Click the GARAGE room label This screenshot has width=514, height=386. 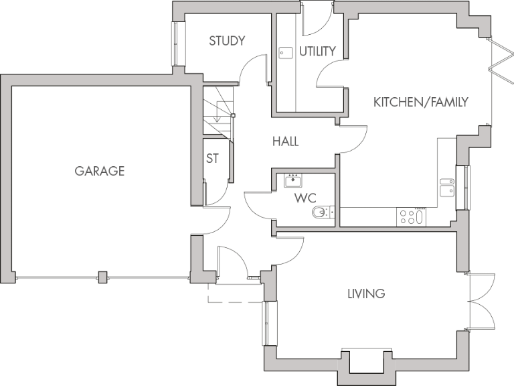click(x=99, y=171)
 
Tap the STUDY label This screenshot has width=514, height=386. click(x=227, y=41)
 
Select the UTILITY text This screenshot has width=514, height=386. click(x=317, y=52)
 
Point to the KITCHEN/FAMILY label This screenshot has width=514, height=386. click(x=420, y=102)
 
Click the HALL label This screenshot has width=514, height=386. click(x=285, y=142)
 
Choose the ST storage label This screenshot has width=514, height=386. click(x=213, y=159)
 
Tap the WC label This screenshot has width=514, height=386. click(x=305, y=198)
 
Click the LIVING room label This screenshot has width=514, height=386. click(x=366, y=294)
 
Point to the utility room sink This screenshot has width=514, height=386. click(x=286, y=52)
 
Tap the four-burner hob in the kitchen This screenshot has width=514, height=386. click(x=411, y=216)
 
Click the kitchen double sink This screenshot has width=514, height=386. click(x=446, y=186)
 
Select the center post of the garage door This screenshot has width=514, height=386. click(x=102, y=277)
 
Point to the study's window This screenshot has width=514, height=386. click(x=175, y=44)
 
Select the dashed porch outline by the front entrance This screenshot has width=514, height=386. click(x=234, y=295)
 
